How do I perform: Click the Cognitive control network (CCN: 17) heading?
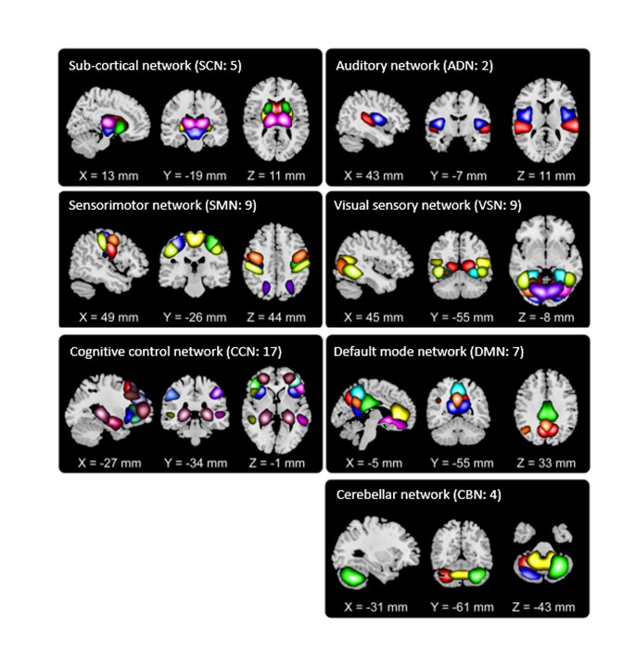coord(162,351)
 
